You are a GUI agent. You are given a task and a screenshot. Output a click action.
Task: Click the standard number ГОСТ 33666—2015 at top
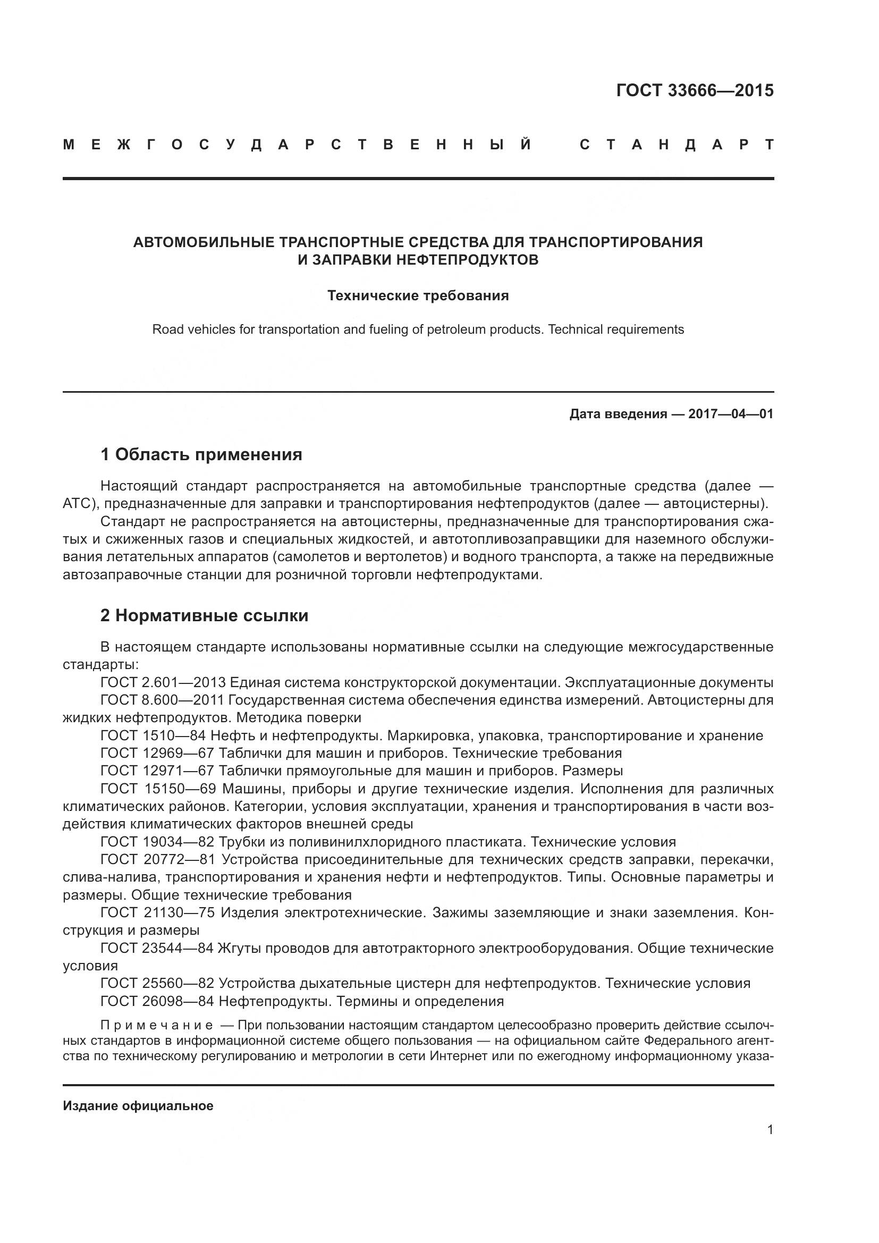[x=695, y=90]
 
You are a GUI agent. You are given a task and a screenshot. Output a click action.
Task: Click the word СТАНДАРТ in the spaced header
[x=677, y=145]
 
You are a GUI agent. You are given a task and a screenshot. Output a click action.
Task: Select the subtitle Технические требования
[x=418, y=295]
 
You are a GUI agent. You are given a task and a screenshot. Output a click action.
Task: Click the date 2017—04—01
[x=731, y=414]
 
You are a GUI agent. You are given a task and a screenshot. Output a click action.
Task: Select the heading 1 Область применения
[x=201, y=454]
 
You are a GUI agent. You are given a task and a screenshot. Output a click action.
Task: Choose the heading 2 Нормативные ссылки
[x=204, y=615]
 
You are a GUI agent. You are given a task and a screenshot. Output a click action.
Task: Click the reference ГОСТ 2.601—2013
[x=163, y=682]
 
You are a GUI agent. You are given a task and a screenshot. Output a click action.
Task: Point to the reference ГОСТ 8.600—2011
[x=162, y=700]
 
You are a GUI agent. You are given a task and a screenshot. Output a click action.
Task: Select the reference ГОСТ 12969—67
[x=157, y=753]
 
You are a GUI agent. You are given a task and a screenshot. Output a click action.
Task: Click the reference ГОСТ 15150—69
[x=158, y=788]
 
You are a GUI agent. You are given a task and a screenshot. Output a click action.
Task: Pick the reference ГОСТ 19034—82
[x=157, y=842]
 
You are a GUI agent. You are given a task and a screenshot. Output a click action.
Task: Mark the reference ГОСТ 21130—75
[x=158, y=913]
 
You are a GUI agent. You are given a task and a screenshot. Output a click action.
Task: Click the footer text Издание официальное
[x=138, y=1106]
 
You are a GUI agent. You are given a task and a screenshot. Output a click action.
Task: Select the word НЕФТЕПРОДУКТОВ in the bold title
[x=468, y=260]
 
